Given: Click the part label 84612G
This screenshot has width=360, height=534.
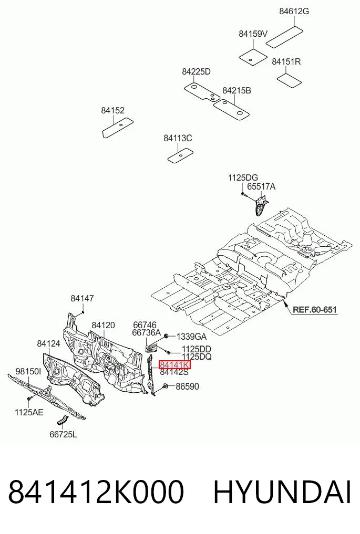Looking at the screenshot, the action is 294,11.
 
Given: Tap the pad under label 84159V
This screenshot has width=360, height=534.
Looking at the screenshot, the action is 253,57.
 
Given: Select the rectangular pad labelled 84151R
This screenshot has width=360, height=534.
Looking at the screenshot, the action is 289,80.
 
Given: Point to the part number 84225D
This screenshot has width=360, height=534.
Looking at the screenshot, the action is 196,71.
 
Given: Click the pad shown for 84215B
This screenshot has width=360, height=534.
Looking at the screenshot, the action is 231,109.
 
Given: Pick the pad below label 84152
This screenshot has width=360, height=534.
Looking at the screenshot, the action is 118,128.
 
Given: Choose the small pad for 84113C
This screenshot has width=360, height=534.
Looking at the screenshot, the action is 180,156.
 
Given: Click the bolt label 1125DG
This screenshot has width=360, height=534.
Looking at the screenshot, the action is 243,177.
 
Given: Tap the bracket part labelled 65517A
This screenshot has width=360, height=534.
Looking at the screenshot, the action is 261,205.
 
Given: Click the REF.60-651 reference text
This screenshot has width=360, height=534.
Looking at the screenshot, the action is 315,310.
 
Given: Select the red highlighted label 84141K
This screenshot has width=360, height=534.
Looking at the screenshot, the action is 174,365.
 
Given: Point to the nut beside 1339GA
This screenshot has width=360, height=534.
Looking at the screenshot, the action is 167,337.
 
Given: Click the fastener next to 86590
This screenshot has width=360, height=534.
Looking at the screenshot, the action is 164,386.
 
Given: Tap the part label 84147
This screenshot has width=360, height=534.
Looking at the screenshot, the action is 82,298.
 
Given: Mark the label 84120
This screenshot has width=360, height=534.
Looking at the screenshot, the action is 103,325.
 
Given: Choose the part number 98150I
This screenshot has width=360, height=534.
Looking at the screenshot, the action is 28,371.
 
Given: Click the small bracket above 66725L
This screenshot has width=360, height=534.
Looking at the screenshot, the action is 61,421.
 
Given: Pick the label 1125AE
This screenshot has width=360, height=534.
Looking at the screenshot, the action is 29,412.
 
